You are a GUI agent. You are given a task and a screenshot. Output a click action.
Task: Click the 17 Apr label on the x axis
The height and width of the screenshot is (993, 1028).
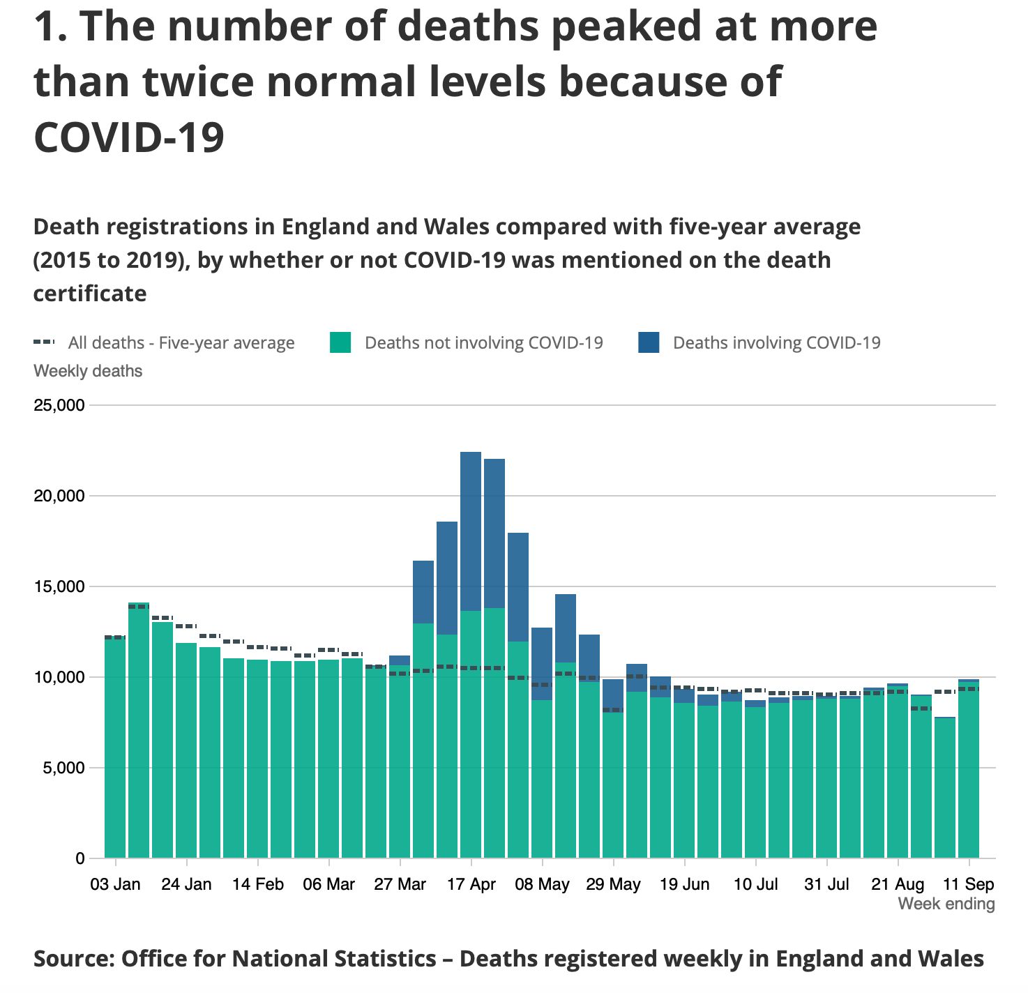[x=471, y=884]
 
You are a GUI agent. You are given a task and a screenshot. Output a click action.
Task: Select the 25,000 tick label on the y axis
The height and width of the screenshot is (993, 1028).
[x=59, y=405]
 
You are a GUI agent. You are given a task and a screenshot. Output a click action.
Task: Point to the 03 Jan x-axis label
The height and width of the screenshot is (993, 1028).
[x=115, y=884]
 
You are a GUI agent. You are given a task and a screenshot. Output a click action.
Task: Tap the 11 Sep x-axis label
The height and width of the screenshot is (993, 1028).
[x=968, y=884]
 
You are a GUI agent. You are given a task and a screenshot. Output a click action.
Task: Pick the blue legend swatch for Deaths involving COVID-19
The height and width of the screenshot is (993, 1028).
[x=649, y=342]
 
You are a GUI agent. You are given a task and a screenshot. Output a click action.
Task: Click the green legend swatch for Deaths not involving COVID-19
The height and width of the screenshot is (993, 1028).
[x=340, y=342]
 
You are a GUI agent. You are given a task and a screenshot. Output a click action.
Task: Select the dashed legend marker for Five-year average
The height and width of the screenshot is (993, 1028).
[x=44, y=342]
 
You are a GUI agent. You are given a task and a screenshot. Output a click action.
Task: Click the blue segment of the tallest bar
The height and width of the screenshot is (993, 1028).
[x=471, y=530]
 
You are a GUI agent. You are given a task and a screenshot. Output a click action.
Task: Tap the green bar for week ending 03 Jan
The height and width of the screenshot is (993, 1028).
[x=115, y=746]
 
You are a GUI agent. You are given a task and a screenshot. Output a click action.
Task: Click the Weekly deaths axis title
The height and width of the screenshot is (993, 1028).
[x=88, y=371]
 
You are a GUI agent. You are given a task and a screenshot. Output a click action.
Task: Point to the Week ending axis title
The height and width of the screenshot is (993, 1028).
[x=946, y=904]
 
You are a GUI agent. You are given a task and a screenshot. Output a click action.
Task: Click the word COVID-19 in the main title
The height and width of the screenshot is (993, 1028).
[x=129, y=137]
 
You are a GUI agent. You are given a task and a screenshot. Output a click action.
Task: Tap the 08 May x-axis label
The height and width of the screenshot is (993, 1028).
[x=542, y=884]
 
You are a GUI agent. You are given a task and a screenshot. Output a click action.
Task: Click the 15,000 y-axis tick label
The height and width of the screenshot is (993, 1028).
[x=59, y=586]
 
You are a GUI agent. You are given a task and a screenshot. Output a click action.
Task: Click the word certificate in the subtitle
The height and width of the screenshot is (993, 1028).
[x=90, y=293]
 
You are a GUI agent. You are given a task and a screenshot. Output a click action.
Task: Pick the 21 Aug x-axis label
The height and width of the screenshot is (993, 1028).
[x=898, y=884]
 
